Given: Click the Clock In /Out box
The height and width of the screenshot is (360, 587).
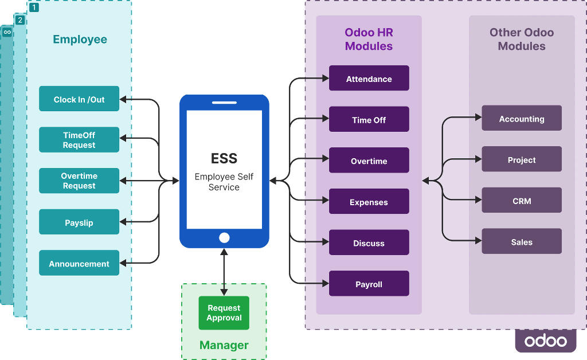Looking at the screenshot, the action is pos(79,99).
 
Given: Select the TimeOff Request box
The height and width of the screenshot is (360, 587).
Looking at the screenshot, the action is pos(79,139).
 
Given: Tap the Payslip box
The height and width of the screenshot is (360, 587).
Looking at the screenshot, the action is pos(79,222).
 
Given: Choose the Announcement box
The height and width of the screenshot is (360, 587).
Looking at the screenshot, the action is pos(79,263).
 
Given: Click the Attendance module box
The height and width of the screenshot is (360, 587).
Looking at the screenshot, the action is pos(369,78).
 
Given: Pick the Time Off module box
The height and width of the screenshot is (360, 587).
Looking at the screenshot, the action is pos(369,119).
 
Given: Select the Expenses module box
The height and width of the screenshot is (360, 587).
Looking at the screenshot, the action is pos(369,201).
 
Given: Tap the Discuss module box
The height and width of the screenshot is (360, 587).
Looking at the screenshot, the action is pos(369,242).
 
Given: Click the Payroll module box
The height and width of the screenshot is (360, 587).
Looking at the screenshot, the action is pos(369,283).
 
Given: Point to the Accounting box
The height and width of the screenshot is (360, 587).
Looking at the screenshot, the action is pos(522,118).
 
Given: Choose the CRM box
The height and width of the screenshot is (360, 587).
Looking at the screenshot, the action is pos(522,200).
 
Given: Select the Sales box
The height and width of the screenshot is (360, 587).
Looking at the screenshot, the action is pos(522,241).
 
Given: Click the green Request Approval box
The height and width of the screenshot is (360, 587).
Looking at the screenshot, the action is pos(224,313).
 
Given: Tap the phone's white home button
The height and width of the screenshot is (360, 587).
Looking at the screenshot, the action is pos(224,238).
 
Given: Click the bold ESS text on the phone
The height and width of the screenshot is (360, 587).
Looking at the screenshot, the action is pos(224,158).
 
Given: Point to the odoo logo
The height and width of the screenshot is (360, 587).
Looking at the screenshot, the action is pos(546,341).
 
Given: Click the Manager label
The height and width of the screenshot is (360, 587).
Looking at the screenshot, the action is pos(224,345).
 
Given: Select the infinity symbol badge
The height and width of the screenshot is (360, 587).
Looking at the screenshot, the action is pos(7,32).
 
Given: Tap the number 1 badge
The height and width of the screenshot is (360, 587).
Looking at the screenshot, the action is pos(34,7).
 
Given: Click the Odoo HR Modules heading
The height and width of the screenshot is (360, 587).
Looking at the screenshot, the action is pos(369,40).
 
